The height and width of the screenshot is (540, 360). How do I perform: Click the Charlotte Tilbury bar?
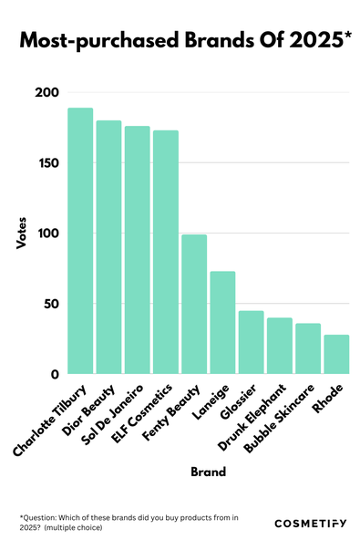coord(80,241)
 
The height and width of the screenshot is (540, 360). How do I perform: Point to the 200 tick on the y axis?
coord(47,93)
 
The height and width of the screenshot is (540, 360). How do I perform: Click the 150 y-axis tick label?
coord(47,163)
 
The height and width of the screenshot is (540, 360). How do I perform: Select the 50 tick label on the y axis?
coord(50,304)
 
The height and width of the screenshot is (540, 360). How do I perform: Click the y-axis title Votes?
coord(22,234)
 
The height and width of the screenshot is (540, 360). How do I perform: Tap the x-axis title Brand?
coord(208,472)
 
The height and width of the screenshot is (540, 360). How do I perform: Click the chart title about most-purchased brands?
coord(180,41)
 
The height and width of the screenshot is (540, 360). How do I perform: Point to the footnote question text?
coord(128,523)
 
